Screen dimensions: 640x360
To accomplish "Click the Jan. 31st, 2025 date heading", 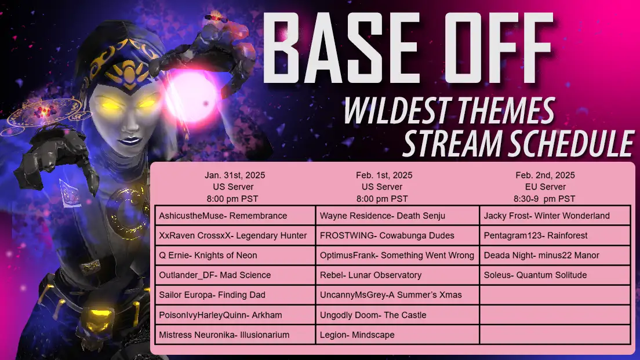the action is point(235,175).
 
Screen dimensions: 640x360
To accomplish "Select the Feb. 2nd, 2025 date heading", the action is point(545,175).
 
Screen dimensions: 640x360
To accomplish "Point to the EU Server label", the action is point(546,187).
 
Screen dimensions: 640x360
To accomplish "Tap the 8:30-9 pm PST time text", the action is point(544,199).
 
